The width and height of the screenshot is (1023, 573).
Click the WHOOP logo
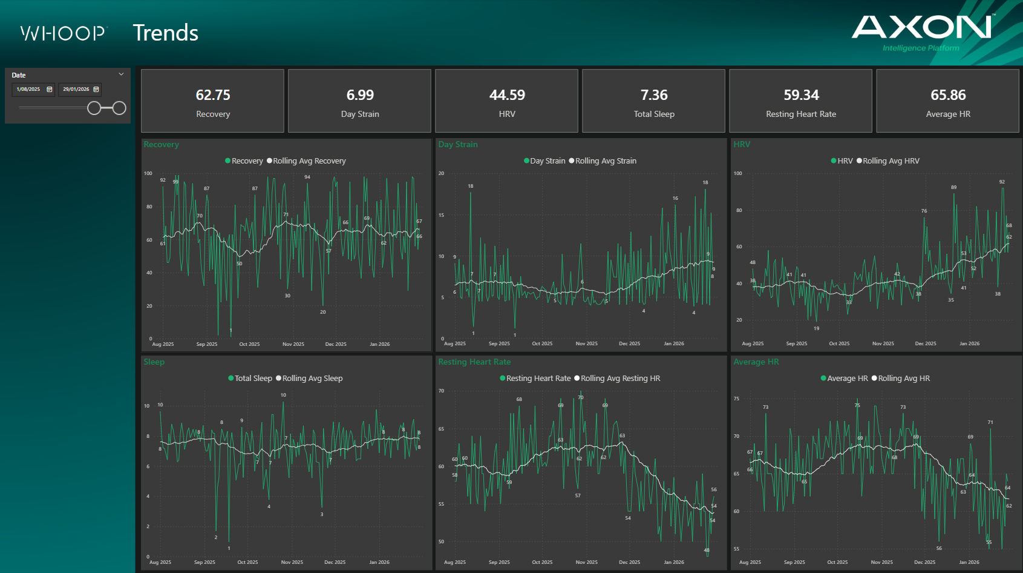(63, 33)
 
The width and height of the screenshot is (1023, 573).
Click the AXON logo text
(921, 27)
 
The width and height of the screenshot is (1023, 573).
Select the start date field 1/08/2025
(28, 90)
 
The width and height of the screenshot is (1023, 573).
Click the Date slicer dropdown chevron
(121, 75)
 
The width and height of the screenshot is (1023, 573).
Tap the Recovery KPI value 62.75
(213, 95)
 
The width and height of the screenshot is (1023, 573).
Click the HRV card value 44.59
(507, 95)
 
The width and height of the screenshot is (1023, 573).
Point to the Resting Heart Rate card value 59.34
(801, 95)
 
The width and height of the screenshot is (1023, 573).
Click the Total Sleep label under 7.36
(654, 114)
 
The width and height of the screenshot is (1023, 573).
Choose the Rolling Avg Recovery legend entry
(309, 161)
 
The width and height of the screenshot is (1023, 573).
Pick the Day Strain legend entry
(547, 161)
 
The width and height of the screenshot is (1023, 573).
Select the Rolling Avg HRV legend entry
(891, 161)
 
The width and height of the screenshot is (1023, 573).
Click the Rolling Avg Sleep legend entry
(312, 379)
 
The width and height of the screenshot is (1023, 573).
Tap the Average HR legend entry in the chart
(847, 379)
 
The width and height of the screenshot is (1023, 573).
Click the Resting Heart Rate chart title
(474, 362)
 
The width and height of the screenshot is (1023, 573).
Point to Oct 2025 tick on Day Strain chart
(542, 343)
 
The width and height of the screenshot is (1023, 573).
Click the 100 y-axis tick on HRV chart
(737, 173)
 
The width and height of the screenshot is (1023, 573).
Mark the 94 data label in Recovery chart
(307, 177)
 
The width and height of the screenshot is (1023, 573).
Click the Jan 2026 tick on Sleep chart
(379, 562)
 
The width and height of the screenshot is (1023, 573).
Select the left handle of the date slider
(94, 108)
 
